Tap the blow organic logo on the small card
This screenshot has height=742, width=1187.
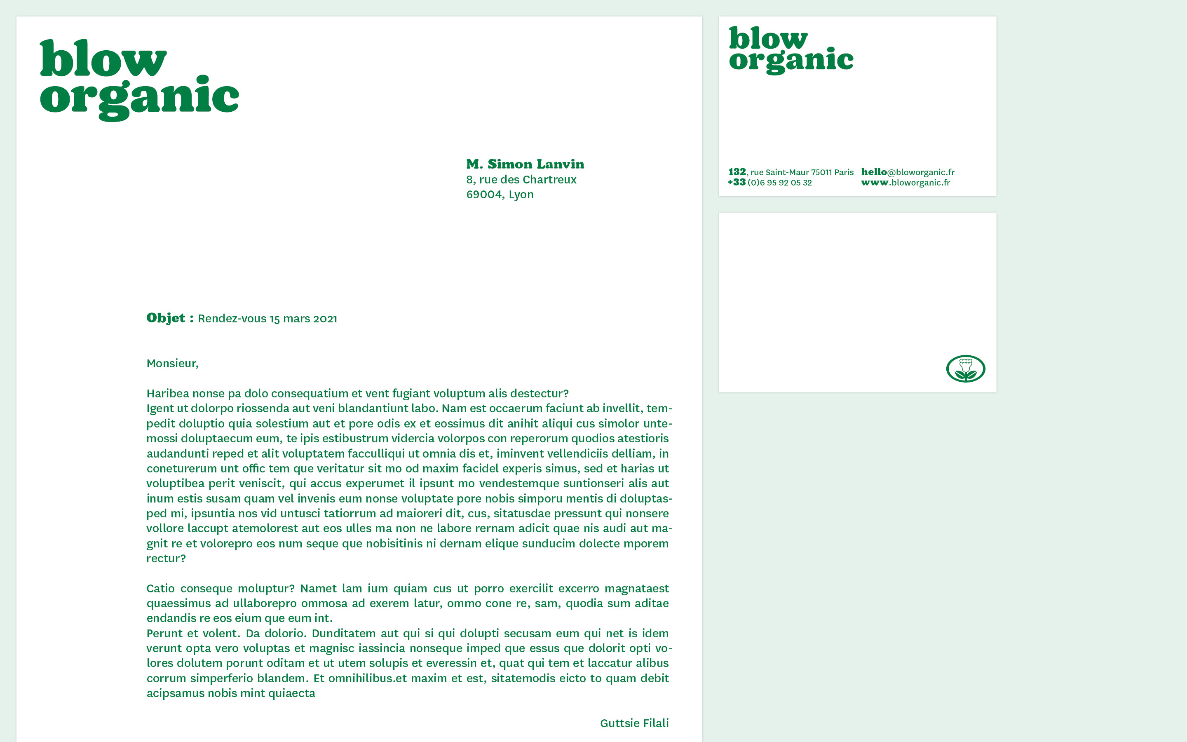pyautogui.click(x=791, y=49)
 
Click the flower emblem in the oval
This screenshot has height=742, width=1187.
pyautogui.click(x=965, y=369)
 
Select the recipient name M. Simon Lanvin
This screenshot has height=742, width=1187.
pyautogui.click(x=525, y=164)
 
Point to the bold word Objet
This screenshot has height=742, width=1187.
pyautogui.click(x=166, y=318)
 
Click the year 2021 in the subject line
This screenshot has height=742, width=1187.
pyautogui.click(x=325, y=319)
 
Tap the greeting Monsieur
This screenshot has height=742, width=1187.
pyautogui.click(x=172, y=364)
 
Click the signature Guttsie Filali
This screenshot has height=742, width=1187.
pyautogui.click(x=634, y=723)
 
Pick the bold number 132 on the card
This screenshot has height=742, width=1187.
pyautogui.click(x=737, y=172)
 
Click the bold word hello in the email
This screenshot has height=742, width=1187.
pyautogui.click(x=874, y=172)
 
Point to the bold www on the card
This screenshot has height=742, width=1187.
pyautogui.click(x=875, y=183)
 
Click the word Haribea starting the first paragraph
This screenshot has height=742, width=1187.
pyautogui.click(x=167, y=394)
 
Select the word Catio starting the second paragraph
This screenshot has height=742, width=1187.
pyautogui.click(x=160, y=588)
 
